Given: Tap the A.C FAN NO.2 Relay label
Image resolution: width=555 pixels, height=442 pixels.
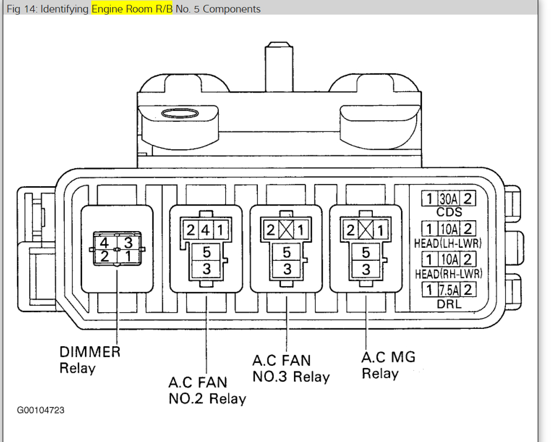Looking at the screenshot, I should click(207, 391).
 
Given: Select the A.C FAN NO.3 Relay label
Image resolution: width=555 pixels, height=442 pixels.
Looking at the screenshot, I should click(290, 368).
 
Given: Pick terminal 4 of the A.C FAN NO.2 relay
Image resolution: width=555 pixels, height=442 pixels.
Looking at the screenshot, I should click(206, 229).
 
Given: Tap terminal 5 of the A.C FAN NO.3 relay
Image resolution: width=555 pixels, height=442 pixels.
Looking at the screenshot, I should click(286, 252).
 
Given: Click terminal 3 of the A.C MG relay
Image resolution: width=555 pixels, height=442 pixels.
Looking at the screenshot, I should click(366, 269).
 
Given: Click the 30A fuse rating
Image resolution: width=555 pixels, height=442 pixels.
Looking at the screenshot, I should click(448, 199).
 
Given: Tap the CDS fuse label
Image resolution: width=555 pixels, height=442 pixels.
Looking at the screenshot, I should click(449, 212).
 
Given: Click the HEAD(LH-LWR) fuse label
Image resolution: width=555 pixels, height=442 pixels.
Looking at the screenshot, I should click(448, 242).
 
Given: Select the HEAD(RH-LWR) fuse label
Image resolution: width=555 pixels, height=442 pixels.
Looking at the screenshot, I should click(448, 274).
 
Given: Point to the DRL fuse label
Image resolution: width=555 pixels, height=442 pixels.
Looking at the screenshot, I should click(449, 304).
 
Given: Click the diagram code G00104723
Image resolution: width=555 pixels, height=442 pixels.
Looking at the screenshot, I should click(41, 410).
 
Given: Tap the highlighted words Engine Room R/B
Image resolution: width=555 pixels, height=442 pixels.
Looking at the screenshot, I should click(132, 9).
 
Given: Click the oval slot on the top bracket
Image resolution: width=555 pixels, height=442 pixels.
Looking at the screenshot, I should click(178, 114).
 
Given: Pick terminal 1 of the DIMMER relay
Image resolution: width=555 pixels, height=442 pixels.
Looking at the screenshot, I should click(128, 255).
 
